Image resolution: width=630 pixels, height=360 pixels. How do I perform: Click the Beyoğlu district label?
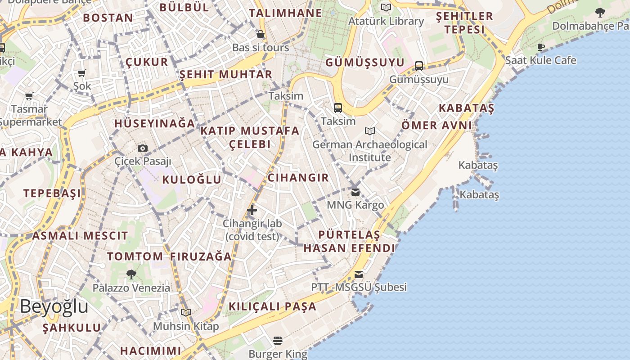54,306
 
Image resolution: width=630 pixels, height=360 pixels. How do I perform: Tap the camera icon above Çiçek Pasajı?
142,148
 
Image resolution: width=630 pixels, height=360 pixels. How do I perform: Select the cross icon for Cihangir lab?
252,210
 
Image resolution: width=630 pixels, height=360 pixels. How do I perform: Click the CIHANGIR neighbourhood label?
298,178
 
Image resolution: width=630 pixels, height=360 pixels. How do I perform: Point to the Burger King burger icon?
278,341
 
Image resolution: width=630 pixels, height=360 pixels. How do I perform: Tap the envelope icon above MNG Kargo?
355,192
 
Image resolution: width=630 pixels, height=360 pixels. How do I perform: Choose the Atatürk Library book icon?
386,8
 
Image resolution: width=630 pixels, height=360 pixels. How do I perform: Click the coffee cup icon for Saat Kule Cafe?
541,47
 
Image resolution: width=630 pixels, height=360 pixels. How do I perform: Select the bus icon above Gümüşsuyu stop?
419,66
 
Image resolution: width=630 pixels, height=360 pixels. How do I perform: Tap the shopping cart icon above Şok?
81,73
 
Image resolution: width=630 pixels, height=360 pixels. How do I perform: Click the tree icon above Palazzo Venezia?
131,274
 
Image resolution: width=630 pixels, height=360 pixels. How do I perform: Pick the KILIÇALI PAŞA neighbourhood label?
273,307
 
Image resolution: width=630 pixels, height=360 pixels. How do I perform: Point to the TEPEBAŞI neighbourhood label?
52,193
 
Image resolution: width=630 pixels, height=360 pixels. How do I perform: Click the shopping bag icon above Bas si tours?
260,34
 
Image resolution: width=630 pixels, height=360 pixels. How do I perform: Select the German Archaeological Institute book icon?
370,131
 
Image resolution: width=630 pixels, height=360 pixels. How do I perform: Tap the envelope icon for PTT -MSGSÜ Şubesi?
359,274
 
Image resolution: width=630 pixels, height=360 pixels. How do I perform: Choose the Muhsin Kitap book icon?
185,312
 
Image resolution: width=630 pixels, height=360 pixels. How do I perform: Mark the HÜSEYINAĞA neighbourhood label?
155,124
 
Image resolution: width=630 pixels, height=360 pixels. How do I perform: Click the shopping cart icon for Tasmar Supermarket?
29,96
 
